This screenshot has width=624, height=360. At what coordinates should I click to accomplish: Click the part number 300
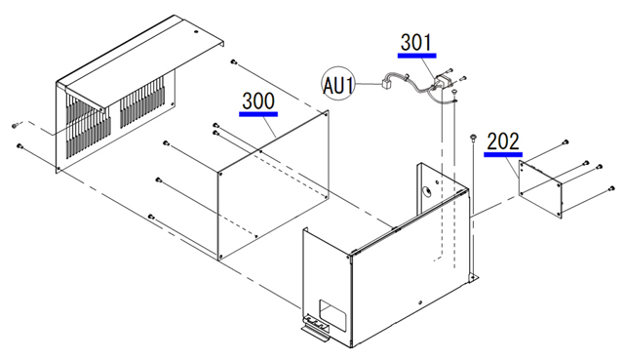tap(258, 101)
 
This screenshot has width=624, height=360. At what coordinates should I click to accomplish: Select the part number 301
tap(416, 43)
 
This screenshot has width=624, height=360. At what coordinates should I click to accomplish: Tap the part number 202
tap(503, 141)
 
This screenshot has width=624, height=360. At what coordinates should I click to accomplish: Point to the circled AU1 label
tap(338, 84)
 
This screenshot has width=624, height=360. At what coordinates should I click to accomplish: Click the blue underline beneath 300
tap(258, 114)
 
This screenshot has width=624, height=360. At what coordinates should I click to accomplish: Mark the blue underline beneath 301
tap(416, 56)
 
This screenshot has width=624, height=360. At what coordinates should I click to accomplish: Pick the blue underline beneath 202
tap(503, 154)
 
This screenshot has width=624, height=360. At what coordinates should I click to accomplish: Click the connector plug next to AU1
tap(386, 85)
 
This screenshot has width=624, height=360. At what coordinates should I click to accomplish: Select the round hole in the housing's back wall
tap(427, 191)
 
